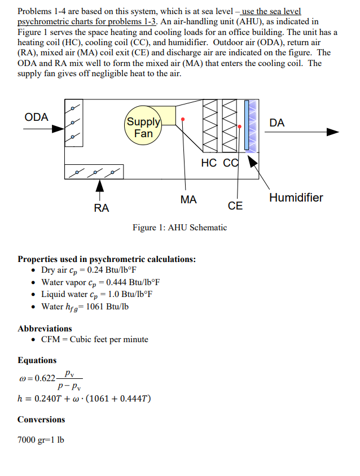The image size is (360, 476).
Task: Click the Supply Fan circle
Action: pos(143,128)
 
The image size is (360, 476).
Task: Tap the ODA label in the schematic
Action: pos(37,117)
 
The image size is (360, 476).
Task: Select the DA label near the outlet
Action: pos(277,123)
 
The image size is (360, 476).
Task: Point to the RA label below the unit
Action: pos(102,208)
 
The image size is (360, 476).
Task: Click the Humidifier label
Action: pos(296,198)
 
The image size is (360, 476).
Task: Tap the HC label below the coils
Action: pos(208,163)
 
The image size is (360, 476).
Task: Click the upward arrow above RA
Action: pos(100,186)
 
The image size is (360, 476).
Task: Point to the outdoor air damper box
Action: pos(72,123)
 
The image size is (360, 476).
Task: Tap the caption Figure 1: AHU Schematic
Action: pos(179,228)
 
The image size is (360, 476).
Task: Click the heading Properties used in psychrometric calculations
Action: pos(107,259)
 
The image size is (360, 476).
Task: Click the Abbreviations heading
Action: pos(45,328)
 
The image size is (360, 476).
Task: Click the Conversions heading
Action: pos(41,420)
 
